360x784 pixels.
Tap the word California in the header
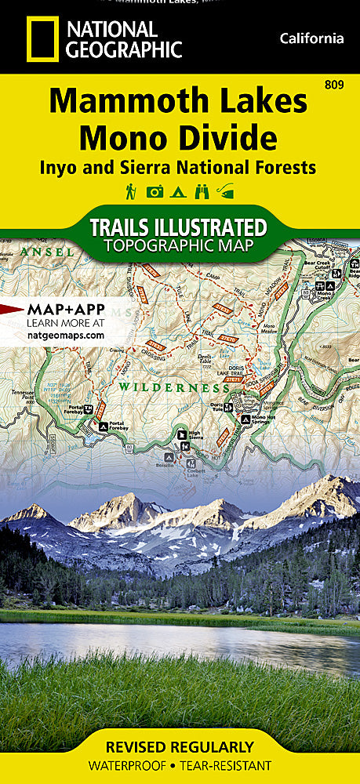point(312,38)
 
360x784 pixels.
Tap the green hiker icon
point(130,191)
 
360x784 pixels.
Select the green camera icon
point(155,191)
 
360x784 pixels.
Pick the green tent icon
point(179,191)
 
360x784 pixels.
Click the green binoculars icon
point(203,191)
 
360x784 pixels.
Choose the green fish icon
point(227,191)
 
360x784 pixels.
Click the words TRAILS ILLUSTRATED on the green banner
point(179,227)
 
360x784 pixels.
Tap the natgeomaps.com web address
point(54,335)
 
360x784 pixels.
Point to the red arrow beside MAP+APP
point(12,308)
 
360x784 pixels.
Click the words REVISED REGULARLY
point(180,746)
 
